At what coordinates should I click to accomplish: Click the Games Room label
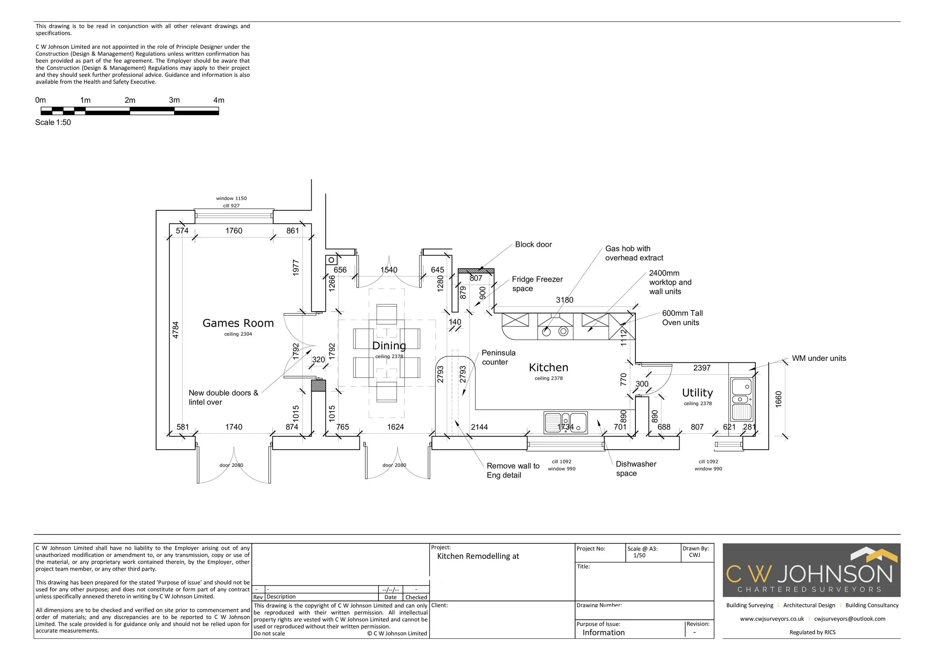coord(238,323)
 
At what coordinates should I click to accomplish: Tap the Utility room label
coord(697,393)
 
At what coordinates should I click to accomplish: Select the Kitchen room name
coord(548,368)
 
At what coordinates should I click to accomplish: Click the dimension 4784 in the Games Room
coord(175,330)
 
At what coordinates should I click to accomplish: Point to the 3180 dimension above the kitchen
coord(565,300)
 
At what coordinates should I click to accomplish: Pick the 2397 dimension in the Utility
coord(702,368)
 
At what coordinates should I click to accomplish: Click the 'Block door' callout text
coord(533,244)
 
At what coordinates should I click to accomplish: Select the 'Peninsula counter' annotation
coord(498,357)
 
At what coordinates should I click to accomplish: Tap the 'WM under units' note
coord(819,358)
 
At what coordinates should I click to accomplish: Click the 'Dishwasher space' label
coord(636,468)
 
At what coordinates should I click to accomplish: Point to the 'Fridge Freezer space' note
coord(537,284)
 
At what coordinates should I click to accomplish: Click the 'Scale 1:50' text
coord(53,123)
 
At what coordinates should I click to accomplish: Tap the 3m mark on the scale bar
coord(174,100)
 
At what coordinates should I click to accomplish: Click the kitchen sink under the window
coord(566,422)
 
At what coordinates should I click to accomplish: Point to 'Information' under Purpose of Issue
coord(604,632)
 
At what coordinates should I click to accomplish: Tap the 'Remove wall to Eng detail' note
coord(513,471)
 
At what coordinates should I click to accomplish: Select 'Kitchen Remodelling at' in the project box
coord(478,556)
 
